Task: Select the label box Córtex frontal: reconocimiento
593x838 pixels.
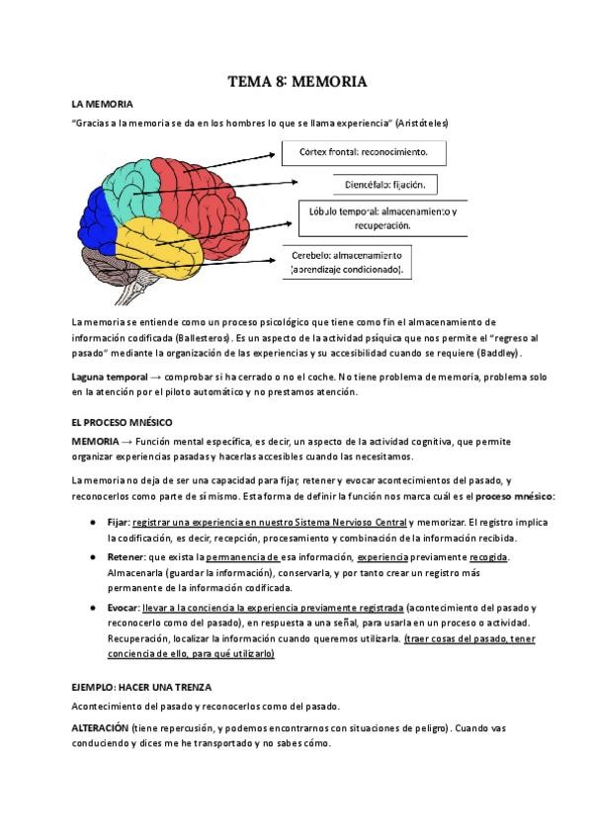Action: (x=363, y=153)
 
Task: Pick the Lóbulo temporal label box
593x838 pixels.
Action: (x=382, y=218)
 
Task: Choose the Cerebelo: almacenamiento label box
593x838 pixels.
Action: (x=347, y=262)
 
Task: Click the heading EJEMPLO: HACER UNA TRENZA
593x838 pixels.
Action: (x=141, y=686)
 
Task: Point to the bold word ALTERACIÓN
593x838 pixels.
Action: (x=100, y=727)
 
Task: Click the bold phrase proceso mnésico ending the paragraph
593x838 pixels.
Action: (x=517, y=496)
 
